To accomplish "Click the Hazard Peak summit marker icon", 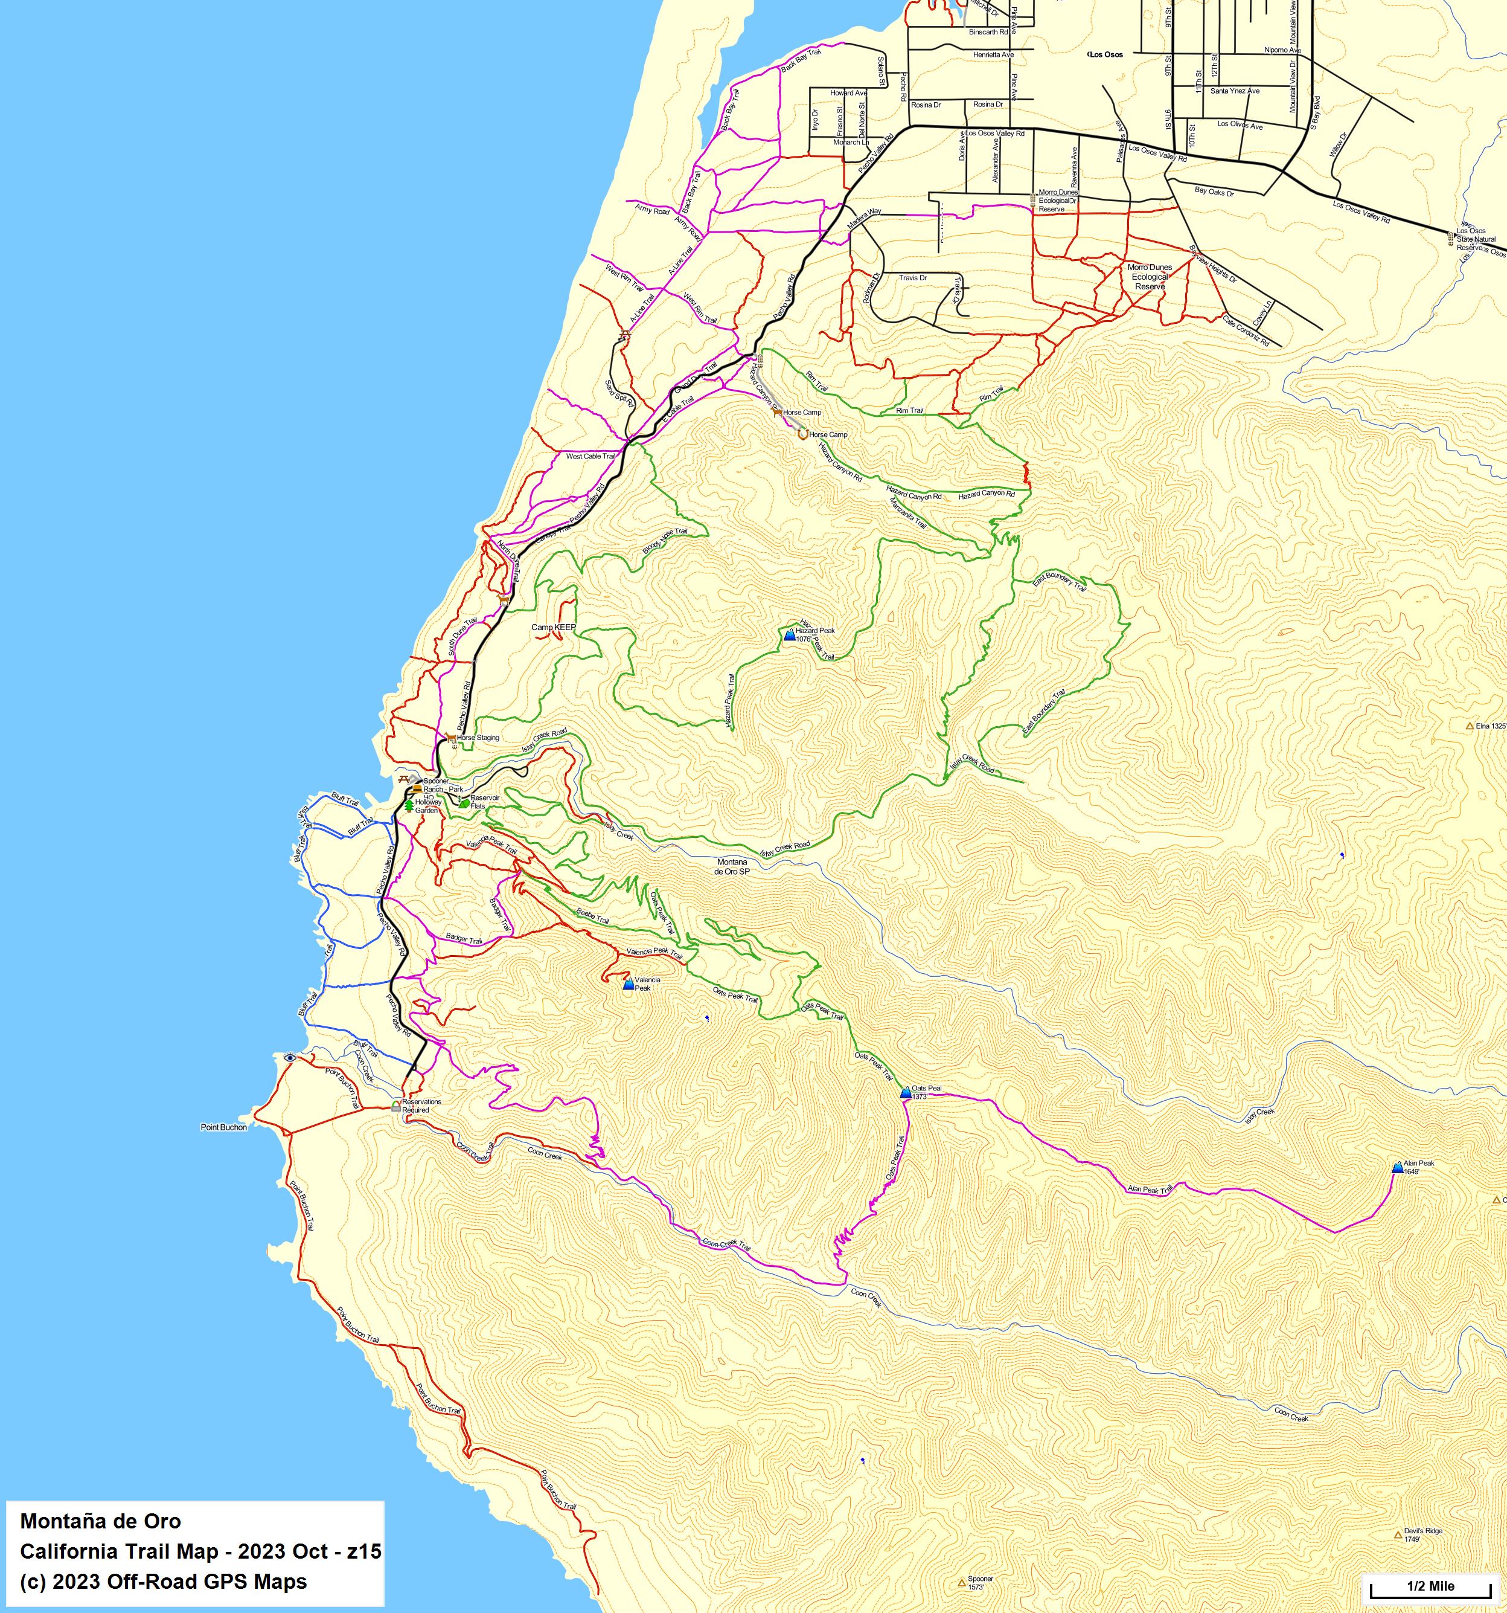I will coord(789,634).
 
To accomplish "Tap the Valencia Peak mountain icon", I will coord(628,984).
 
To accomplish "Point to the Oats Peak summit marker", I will coord(906,1093).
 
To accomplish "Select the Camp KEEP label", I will coord(553,627).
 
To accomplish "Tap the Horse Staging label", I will coord(478,738).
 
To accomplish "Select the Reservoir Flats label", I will coord(484,802).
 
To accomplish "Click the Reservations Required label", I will coord(421,1106).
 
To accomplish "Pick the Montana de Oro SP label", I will coord(732,866).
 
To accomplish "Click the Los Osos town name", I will coord(1106,54).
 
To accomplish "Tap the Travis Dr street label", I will coord(912,277).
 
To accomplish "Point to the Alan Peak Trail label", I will coord(1150,1190).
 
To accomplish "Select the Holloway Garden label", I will coord(427,806).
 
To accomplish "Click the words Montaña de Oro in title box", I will coord(101,1521).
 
